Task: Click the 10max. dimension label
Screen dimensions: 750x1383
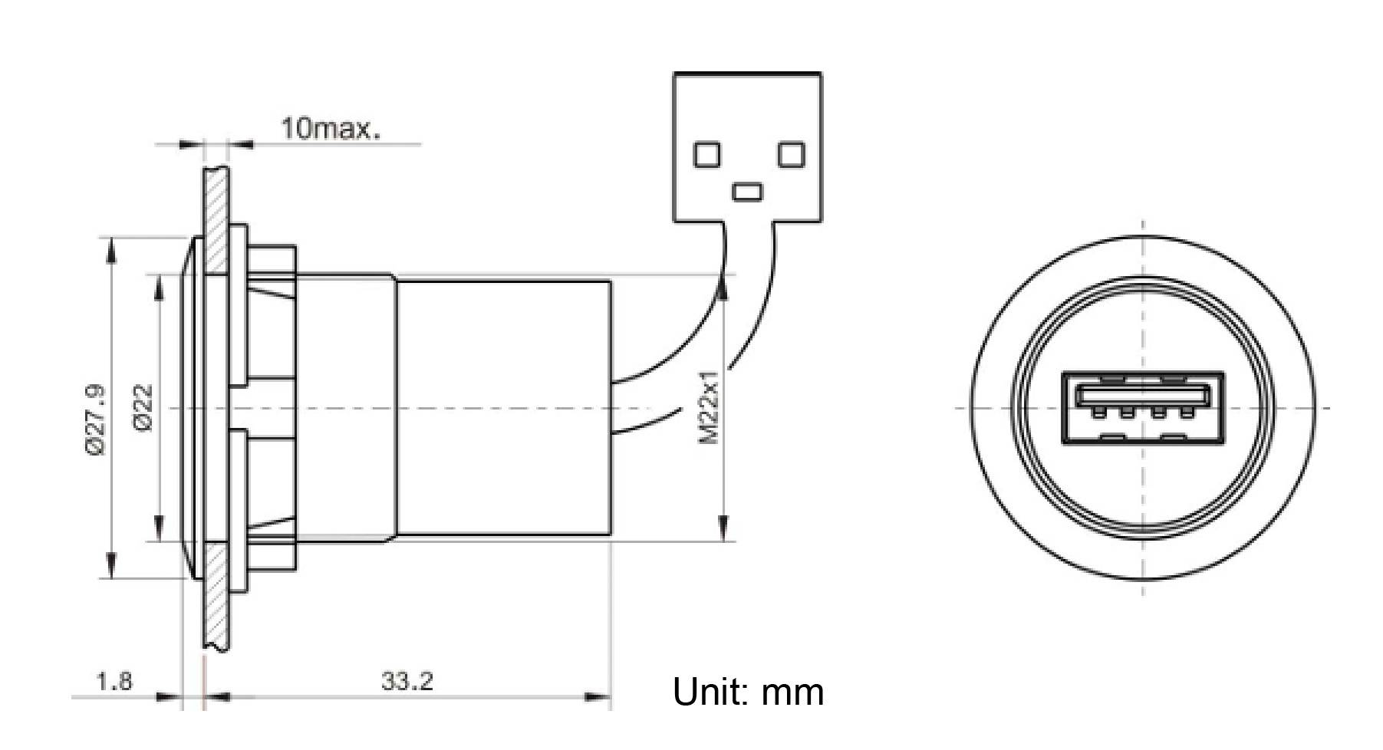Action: point(330,127)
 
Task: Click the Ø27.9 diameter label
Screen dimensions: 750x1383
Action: point(97,421)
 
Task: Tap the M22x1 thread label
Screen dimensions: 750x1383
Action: point(709,407)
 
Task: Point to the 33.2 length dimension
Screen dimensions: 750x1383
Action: point(407,680)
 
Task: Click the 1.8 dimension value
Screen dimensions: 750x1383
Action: point(114,680)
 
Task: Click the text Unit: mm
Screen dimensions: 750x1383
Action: point(748,692)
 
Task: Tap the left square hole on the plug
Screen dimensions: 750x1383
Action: point(707,155)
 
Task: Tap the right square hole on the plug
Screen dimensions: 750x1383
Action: point(790,155)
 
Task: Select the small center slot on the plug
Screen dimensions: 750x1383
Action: point(747,191)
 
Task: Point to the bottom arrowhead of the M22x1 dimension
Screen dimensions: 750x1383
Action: point(722,529)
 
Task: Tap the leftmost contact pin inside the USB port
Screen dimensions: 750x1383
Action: point(1099,413)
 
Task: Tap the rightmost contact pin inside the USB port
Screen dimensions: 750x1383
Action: point(1187,413)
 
